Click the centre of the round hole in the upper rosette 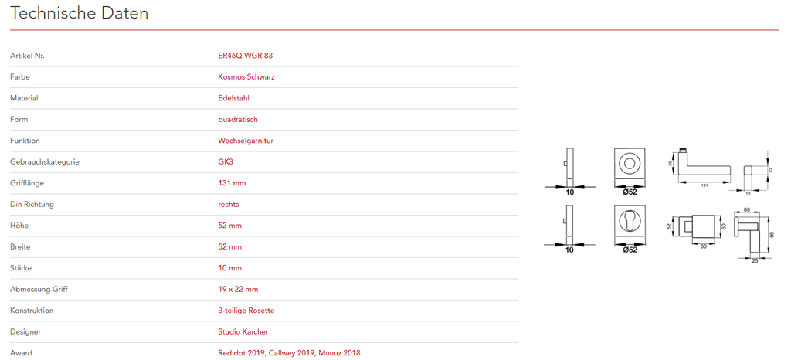pos(629,163)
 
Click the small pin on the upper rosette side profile pos(565,164)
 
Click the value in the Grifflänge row pos(232,183)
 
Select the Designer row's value pos(243,331)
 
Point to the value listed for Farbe pos(246,77)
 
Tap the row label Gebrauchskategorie pos(44,162)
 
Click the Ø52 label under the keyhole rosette pos(629,250)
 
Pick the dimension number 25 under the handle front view pos(755,260)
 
